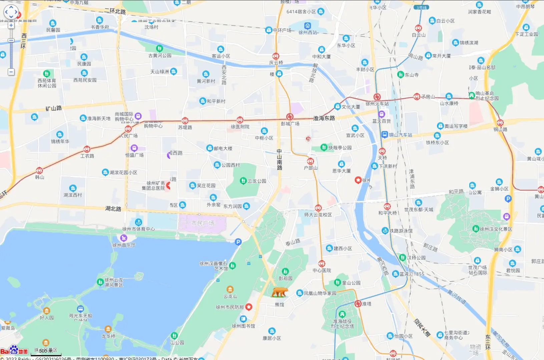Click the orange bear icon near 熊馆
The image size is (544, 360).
(x=280, y=292)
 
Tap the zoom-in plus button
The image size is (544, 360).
(x=11, y=25)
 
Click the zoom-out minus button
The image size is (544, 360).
(x=11, y=72)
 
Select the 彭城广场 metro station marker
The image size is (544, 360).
(x=290, y=117)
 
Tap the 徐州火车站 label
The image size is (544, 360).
(x=377, y=104)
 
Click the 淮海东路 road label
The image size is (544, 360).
(x=324, y=118)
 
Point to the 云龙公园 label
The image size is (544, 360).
(x=257, y=181)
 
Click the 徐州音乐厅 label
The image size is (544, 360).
(x=124, y=245)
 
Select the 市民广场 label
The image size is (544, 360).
(x=202, y=223)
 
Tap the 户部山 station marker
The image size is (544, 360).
(x=311, y=161)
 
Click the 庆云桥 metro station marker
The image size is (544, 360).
(x=276, y=56)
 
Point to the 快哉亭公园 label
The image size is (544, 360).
(x=340, y=147)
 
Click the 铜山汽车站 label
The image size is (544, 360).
(x=400, y=135)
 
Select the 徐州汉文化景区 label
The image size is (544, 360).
(x=496, y=229)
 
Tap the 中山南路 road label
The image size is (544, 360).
(x=280, y=159)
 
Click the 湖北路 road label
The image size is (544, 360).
(x=113, y=209)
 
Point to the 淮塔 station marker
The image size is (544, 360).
(x=358, y=304)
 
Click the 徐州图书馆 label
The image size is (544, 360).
(x=243, y=326)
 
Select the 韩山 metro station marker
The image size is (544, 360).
(x=39, y=171)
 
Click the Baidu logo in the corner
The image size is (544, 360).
(x=14, y=351)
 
